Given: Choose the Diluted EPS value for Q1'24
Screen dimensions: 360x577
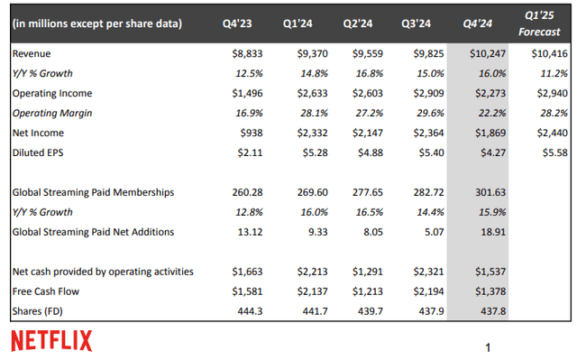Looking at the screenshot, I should tap(310, 152).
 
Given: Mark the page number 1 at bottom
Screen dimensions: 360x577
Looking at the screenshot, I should tap(488, 346).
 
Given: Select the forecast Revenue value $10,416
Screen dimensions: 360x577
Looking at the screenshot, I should tap(549, 54).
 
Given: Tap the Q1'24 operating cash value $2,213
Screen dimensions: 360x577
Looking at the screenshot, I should tap(310, 271).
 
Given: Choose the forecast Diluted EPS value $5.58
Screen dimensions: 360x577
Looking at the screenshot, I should tap(552, 152).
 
